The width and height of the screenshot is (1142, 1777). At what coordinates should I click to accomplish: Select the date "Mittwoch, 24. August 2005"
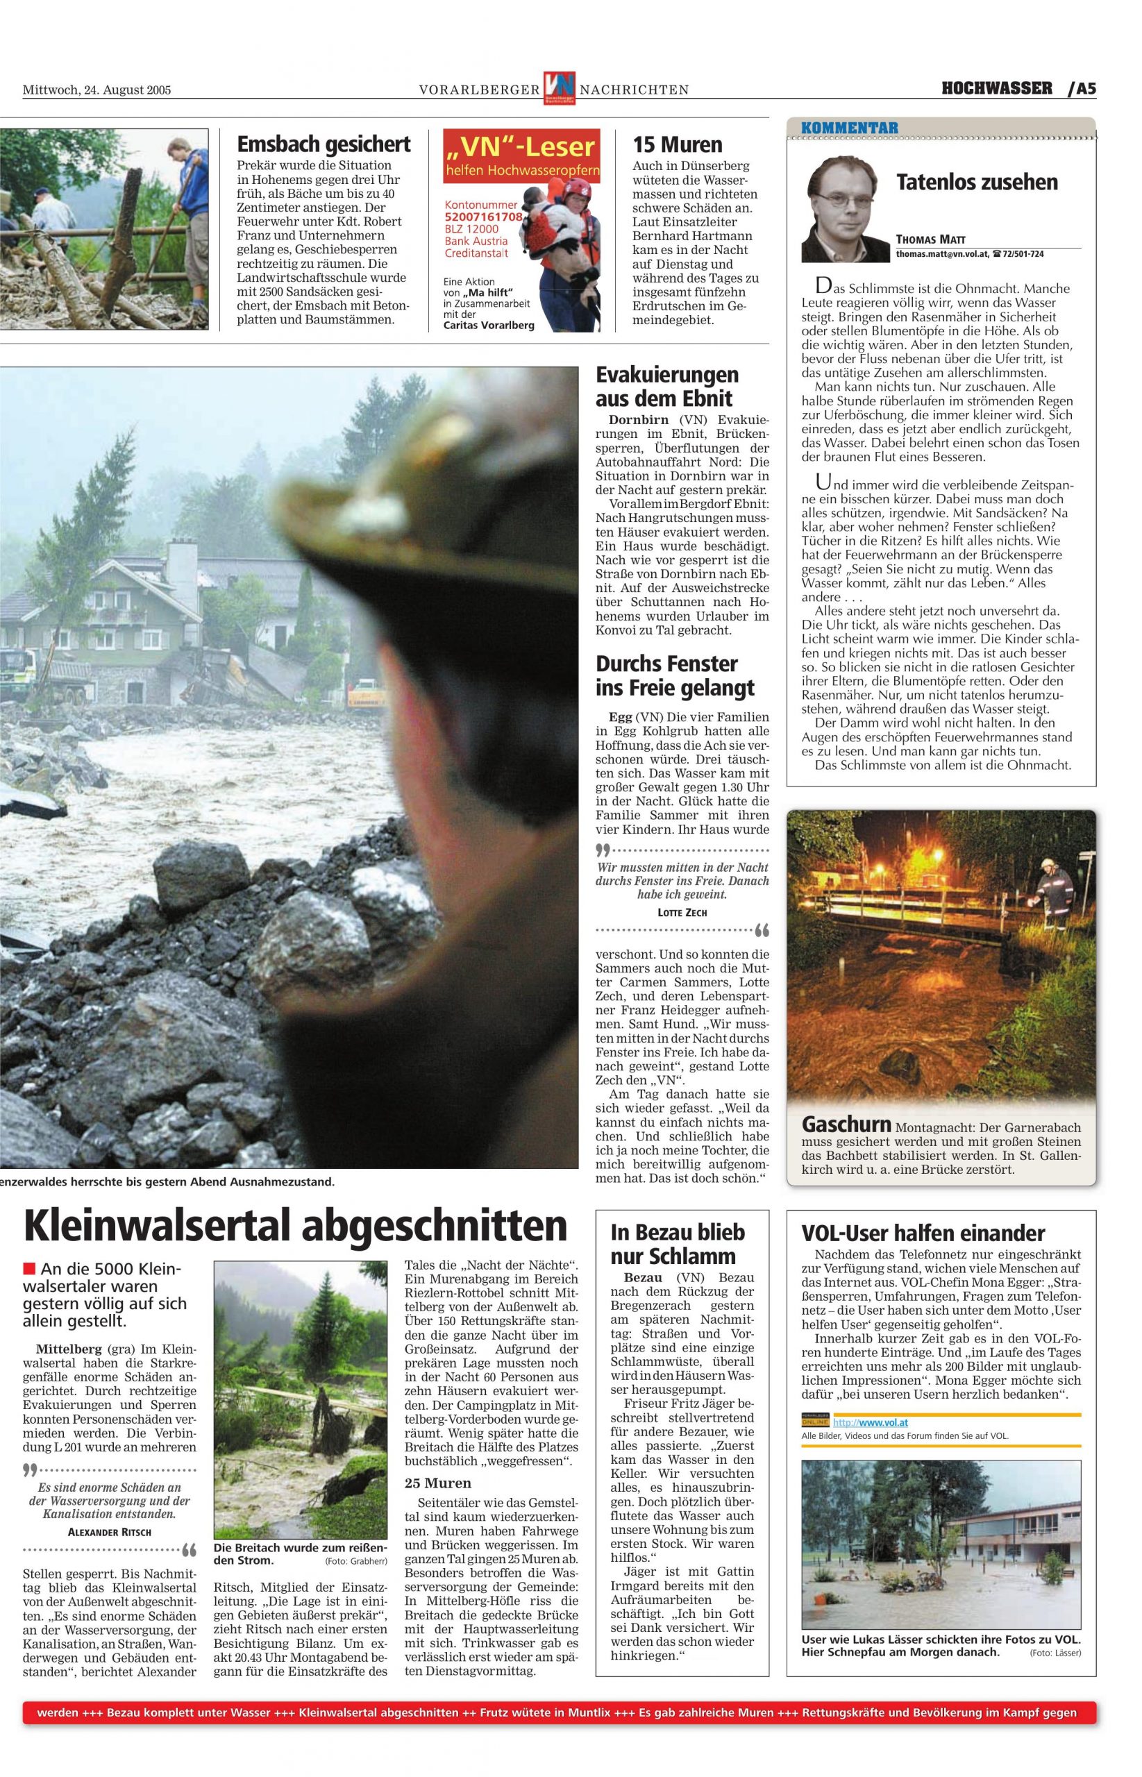[97, 90]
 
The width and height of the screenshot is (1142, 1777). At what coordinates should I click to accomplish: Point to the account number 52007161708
[482, 217]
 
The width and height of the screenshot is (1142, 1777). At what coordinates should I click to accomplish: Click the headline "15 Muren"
[677, 144]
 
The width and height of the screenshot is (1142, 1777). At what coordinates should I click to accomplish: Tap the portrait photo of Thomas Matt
[845, 209]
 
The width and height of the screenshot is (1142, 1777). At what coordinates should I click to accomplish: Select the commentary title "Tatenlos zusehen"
[977, 183]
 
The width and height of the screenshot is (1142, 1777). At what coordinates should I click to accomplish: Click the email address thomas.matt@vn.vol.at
[941, 253]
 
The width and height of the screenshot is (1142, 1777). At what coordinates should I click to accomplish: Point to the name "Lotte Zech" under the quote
[682, 913]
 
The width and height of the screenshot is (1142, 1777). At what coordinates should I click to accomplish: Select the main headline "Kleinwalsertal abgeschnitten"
[295, 1225]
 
